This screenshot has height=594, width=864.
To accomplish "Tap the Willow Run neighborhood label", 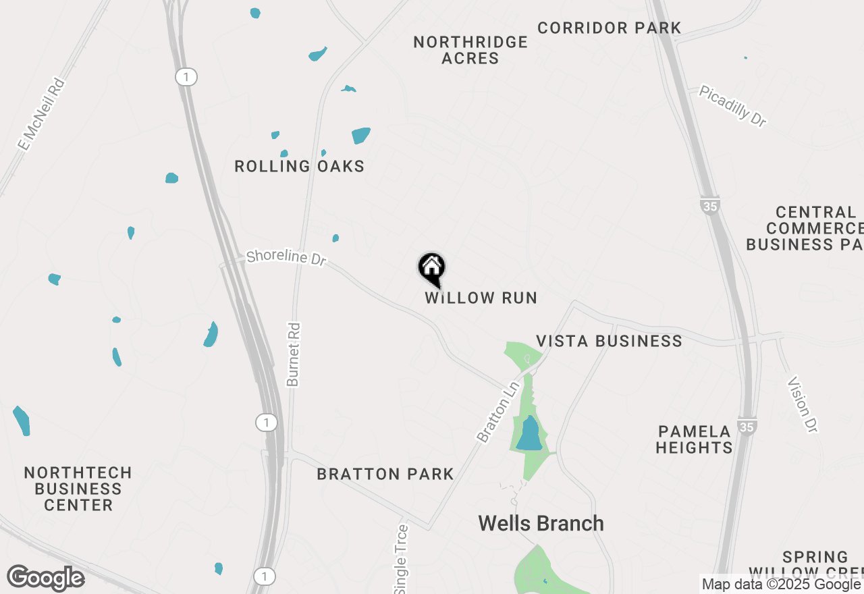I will pyautogui.click(x=481, y=298).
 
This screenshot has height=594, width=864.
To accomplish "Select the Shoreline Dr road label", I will pyautogui.click(x=286, y=257).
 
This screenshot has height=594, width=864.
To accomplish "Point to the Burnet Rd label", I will pyautogui.click(x=293, y=354).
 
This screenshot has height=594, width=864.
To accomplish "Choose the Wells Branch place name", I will pyautogui.click(x=541, y=523).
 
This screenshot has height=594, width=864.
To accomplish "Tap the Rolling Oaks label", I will pyautogui.click(x=299, y=166).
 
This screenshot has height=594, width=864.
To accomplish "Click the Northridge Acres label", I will pyautogui.click(x=470, y=50).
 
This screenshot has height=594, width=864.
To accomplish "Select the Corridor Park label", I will pyautogui.click(x=610, y=28).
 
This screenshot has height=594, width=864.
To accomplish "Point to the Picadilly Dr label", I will pyautogui.click(x=733, y=106).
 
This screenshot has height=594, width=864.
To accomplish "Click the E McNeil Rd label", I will pyautogui.click(x=42, y=115).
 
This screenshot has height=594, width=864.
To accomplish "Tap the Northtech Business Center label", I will pyautogui.click(x=78, y=489).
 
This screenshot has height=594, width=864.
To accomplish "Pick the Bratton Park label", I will pyautogui.click(x=385, y=475).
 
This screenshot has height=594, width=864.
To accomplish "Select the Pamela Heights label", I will pyautogui.click(x=694, y=439).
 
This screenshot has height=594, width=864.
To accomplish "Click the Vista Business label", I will pyautogui.click(x=609, y=341).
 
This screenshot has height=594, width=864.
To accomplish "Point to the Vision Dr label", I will pyautogui.click(x=803, y=404).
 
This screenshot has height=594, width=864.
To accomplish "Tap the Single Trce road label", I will pyautogui.click(x=402, y=560).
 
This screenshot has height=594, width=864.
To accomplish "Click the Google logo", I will pyautogui.click(x=46, y=578).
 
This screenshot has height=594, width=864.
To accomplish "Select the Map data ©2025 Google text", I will pyautogui.click(x=780, y=584).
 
